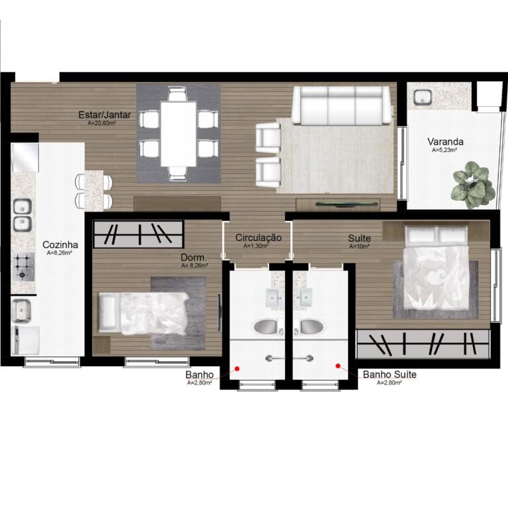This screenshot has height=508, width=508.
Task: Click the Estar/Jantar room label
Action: (105, 114)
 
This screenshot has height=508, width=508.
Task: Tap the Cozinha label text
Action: (60, 245)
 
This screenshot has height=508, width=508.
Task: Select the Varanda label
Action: (445, 142)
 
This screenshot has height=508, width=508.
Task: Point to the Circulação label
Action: (258, 237)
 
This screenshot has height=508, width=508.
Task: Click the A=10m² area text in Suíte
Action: (359, 247)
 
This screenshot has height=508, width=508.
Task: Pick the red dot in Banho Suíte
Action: (338, 366)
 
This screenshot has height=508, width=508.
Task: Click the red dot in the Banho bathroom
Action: (237, 368)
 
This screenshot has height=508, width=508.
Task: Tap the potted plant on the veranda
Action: (474, 185)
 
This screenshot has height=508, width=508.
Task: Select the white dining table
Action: (179, 134)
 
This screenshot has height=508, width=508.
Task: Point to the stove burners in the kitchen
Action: (22, 267)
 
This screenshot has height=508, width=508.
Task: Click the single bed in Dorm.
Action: (143, 314)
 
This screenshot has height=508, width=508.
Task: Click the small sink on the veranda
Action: (422, 97)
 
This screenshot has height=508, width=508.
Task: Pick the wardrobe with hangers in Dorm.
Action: (139, 233)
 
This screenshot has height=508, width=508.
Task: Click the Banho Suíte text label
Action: (390, 374)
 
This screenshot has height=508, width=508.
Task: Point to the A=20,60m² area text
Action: (102, 123)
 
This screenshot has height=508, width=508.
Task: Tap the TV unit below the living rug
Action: (338, 204)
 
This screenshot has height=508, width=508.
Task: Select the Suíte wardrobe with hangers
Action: (423, 344)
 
